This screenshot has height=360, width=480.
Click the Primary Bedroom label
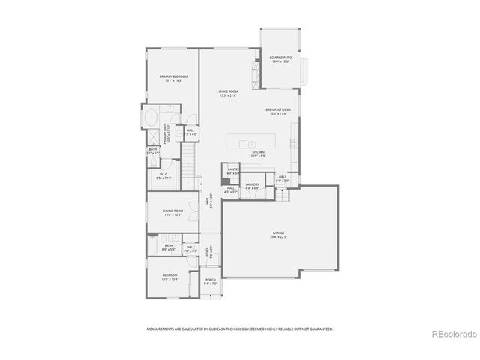click(x=172, y=76)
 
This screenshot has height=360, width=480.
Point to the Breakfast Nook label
click(x=277, y=109)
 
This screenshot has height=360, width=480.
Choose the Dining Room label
click(x=172, y=211)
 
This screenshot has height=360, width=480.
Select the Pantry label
click(x=234, y=170)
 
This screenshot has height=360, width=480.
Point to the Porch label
click(x=210, y=281)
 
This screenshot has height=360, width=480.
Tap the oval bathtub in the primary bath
click(x=150, y=118)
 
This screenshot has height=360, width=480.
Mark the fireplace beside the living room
click(x=256, y=72)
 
